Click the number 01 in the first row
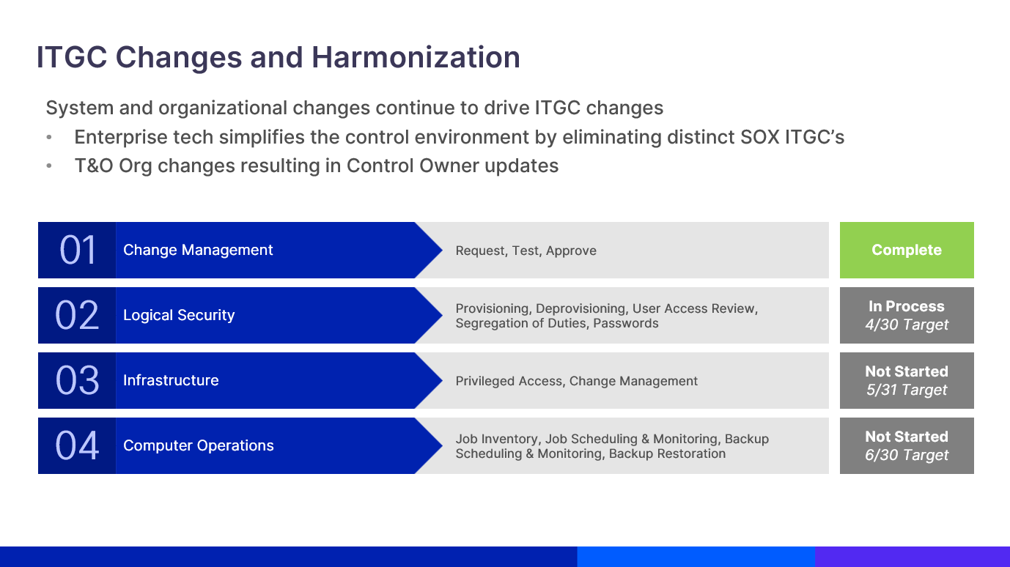[x=78, y=250]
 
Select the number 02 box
[x=77, y=315]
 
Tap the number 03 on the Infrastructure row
[x=77, y=380]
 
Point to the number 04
[x=77, y=445]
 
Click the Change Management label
[x=198, y=250]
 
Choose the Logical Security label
[x=179, y=315]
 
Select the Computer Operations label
[x=199, y=445]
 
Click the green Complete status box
[x=907, y=250]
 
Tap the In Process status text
[x=907, y=306]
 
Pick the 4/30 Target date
[x=907, y=325]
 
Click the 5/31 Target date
[x=907, y=390]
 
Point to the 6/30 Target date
[x=907, y=455]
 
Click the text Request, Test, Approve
[x=526, y=251]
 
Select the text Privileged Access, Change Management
[x=576, y=381]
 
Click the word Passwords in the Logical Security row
[x=626, y=323]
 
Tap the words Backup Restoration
[x=667, y=453]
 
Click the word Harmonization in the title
[x=416, y=57]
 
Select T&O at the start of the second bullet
[x=94, y=166]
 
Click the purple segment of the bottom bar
[x=913, y=557]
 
